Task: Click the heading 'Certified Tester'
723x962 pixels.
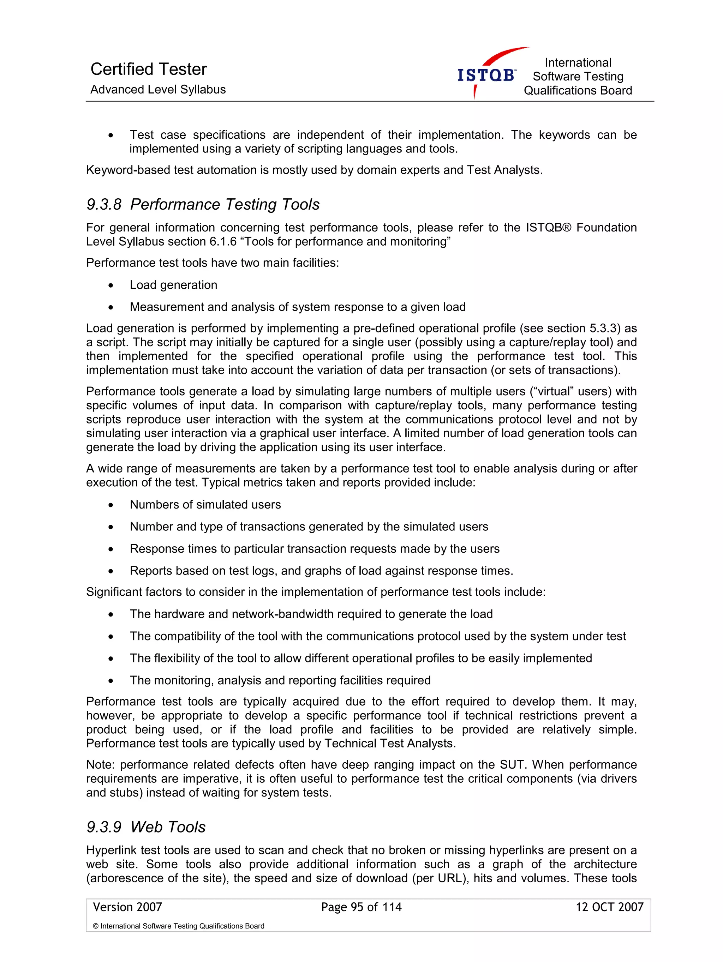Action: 148,69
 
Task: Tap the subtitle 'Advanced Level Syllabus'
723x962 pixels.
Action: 158,90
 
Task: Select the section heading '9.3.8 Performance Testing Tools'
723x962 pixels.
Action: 203,204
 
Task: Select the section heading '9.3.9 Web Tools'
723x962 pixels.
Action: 146,827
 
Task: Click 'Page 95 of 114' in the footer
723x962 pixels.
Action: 361,907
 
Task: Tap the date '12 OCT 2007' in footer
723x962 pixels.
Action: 609,907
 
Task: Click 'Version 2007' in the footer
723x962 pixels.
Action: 127,907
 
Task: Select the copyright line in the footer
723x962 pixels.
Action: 178,926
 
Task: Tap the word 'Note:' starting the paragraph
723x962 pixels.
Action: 101,765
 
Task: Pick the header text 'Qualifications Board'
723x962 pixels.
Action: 577,90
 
